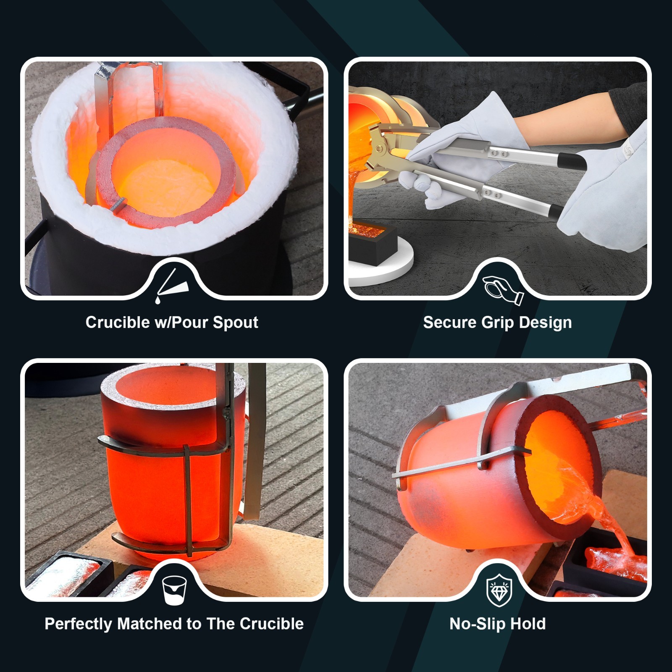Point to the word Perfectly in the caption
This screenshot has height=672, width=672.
tap(79, 624)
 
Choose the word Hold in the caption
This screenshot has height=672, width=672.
tap(528, 624)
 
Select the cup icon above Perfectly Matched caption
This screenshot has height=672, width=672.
tap(174, 589)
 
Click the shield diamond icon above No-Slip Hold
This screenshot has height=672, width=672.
tap(499, 589)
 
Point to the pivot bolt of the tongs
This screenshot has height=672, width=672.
tap(380, 148)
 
